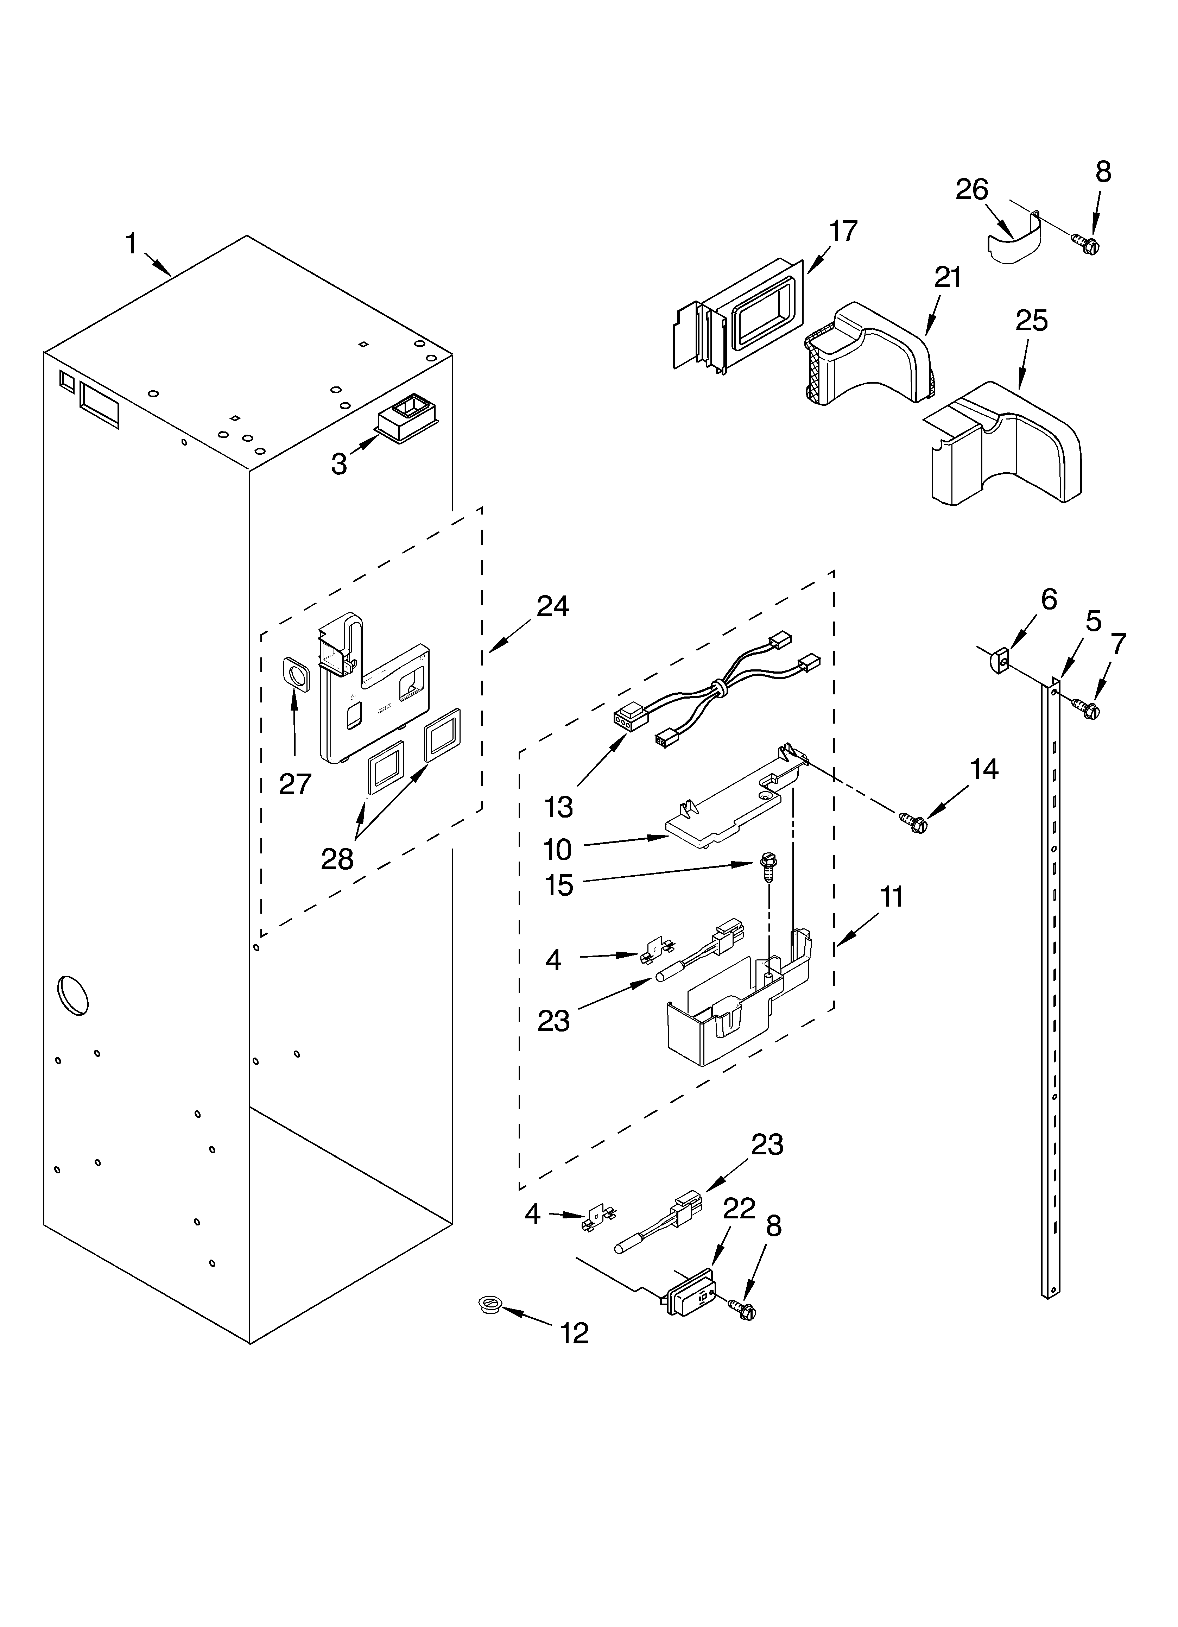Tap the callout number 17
pyautogui.click(x=843, y=232)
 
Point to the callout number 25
pyautogui.click(x=1031, y=321)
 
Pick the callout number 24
pyautogui.click(x=552, y=607)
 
